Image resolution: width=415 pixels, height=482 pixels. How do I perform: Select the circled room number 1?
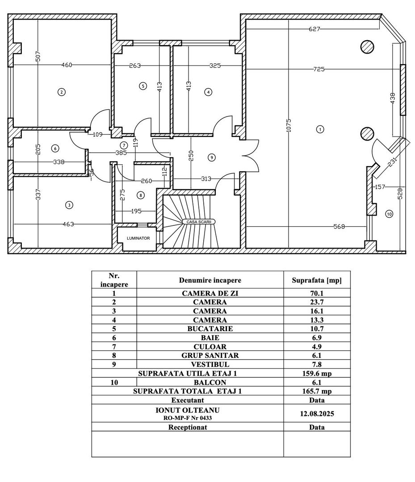(319, 129)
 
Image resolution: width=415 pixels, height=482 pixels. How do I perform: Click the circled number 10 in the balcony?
(389, 214)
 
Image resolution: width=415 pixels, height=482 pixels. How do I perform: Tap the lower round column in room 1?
(367, 133)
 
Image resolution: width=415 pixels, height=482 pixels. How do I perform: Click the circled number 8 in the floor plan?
(141, 195)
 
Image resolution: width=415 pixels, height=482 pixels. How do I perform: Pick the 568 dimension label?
(340, 227)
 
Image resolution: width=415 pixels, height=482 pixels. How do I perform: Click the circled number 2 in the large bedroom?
(61, 92)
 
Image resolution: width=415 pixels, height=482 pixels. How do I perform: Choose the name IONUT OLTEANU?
(188, 410)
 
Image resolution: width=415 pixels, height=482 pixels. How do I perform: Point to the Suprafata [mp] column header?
(317, 280)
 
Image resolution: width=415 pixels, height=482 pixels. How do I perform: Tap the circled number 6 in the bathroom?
(54, 148)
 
